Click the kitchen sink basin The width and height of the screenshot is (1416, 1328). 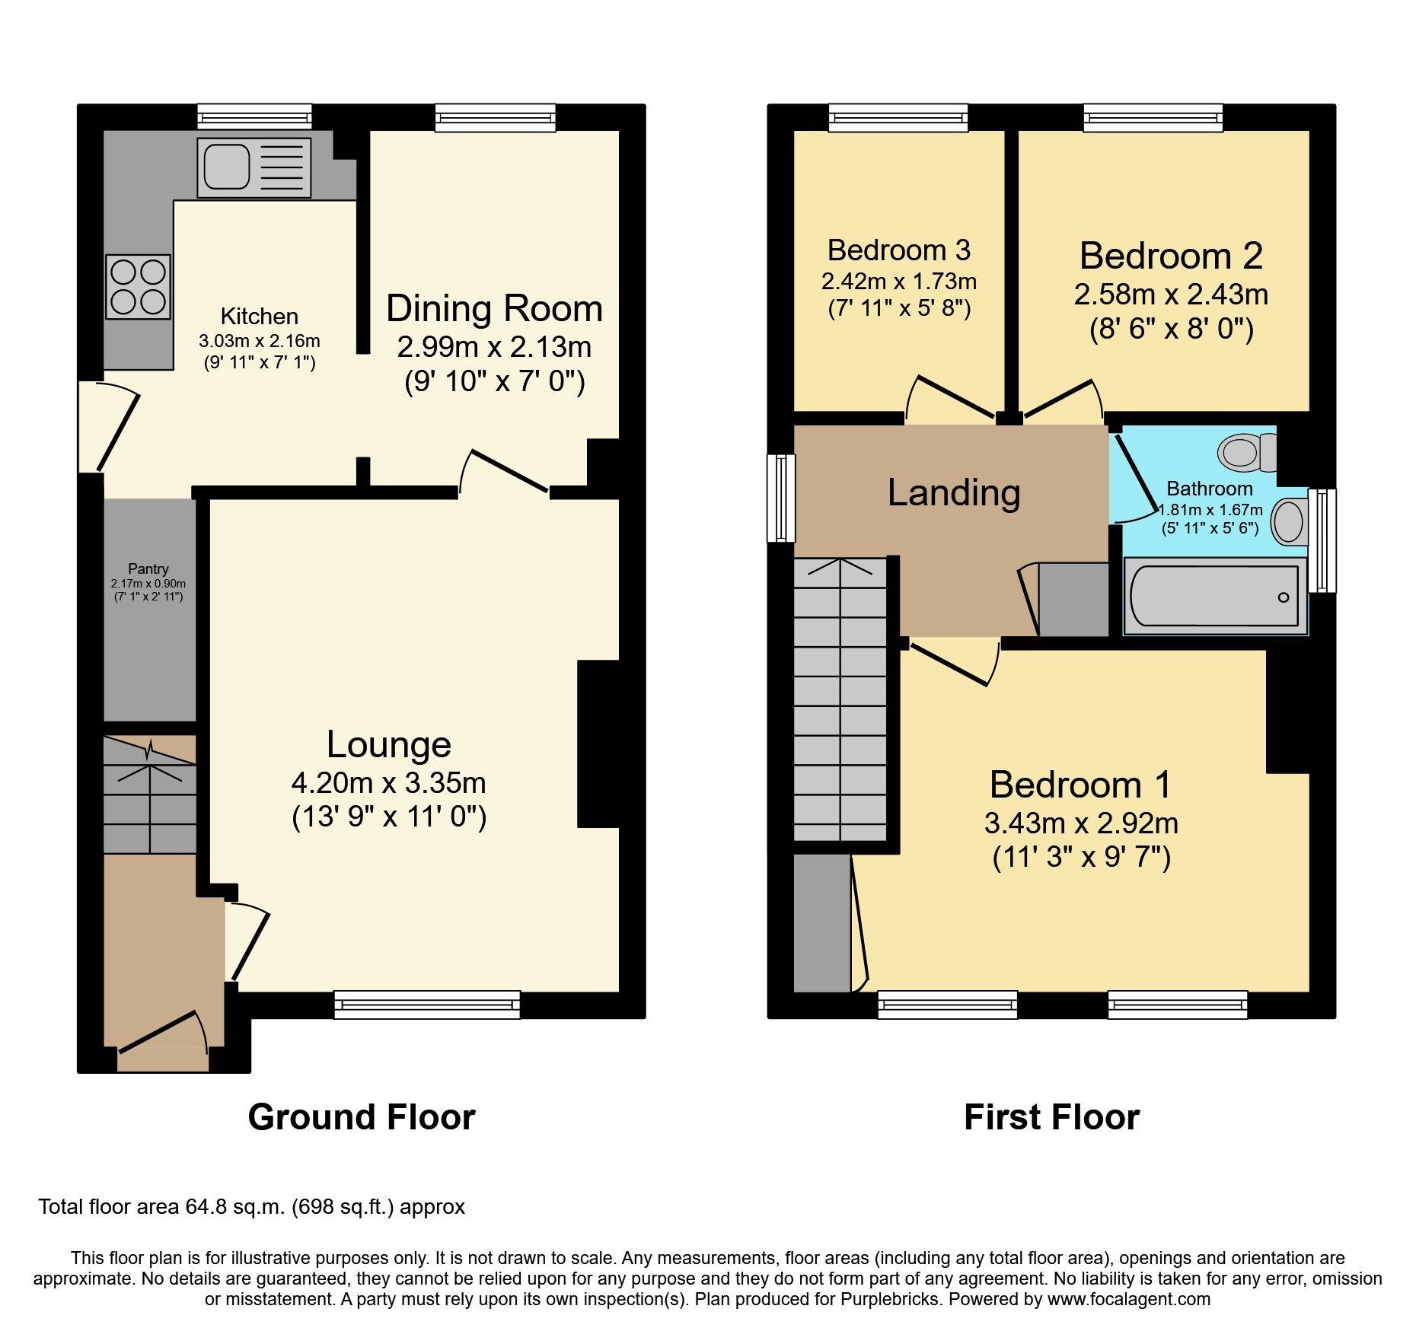pos(226,167)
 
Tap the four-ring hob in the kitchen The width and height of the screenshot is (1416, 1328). pos(138,286)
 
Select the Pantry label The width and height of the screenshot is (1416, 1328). pos(148,568)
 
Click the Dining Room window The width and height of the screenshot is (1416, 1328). pos(496,117)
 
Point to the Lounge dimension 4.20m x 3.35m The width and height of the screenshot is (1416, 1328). pos(388,782)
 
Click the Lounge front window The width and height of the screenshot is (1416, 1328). pos(427,1005)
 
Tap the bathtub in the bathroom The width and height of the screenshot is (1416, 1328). pos(1215,596)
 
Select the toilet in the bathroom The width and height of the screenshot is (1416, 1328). pos(1246,453)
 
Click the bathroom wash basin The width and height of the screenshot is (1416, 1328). pos(1289,521)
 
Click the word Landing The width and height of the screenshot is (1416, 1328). pos(953,493)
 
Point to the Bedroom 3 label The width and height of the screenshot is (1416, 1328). pos(898,250)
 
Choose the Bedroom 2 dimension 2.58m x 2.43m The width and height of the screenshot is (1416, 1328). pos(1171,295)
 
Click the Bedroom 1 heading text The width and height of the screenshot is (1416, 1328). pos(1080,785)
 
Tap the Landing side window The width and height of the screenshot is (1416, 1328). pos(781,498)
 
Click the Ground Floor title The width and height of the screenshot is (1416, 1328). pos(362,1117)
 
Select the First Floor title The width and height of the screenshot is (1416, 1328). pos(1051,1117)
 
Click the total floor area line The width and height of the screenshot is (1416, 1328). pos(251,1207)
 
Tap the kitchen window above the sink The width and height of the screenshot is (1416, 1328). pos(254,117)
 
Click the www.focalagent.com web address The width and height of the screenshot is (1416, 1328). pos(1128,1299)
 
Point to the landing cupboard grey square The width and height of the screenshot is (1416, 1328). pos(1073,599)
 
